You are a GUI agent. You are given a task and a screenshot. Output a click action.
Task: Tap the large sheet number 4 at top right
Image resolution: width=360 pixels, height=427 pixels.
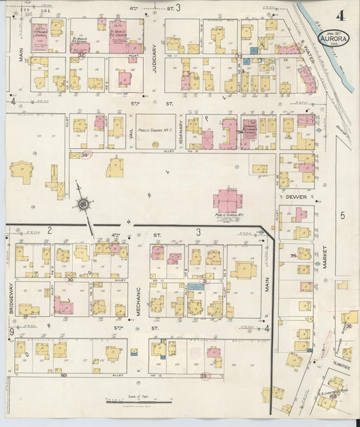click(343, 15)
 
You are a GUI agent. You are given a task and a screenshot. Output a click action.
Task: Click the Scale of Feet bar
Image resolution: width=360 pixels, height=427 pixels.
click(139, 403)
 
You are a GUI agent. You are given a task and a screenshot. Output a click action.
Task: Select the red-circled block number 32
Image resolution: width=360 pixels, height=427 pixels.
click(81, 55)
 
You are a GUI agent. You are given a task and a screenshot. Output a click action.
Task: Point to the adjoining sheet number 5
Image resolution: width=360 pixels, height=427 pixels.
click(342, 216)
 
